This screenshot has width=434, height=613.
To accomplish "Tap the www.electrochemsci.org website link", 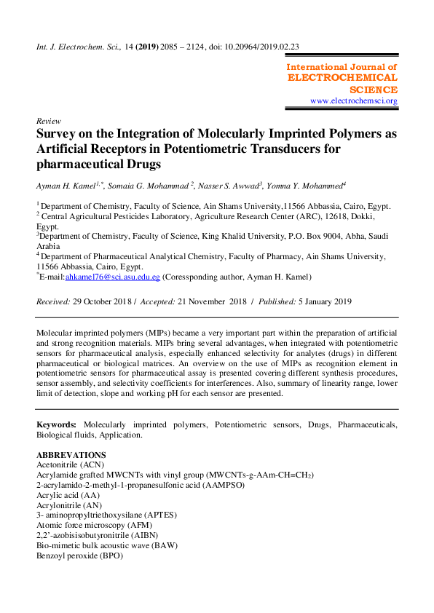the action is tap(354, 101).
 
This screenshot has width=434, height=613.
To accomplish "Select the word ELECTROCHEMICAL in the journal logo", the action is tap(343, 77).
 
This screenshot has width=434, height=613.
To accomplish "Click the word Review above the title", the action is tap(47, 120).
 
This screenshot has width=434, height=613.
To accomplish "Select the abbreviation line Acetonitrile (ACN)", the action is tap(68, 464).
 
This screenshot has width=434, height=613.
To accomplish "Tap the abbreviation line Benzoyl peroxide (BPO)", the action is tap(79, 555).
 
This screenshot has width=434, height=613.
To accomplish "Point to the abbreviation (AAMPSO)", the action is tap(220, 484).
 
